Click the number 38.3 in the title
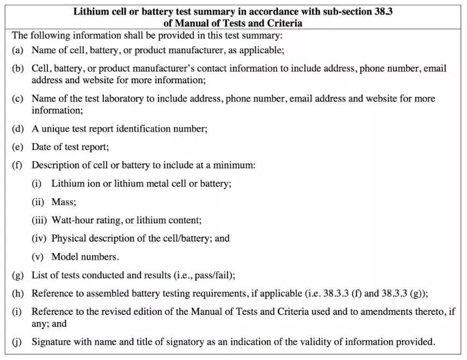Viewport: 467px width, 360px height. pos(382,11)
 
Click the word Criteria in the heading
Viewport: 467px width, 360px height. pos(284,23)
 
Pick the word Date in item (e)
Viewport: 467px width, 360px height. pos(41,147)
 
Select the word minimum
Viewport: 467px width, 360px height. pos(235,165)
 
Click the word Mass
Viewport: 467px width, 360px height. pos(64,202)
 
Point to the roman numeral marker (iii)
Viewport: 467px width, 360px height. pos(40,220)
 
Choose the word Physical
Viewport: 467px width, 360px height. pos(70,238)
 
